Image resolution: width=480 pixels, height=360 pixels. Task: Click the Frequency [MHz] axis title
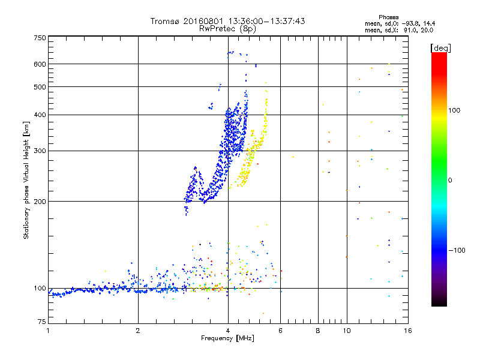(227, 339)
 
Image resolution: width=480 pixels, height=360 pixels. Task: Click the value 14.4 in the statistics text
(428, 23)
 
